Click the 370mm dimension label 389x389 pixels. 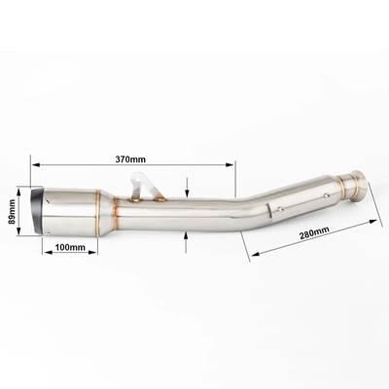(x=130, y=159)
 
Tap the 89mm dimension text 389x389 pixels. (x=12, y=211)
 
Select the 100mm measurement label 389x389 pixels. (x=70, y=247)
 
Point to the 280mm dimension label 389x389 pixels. (x=314, y=232)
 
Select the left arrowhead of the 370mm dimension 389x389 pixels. (x=36, y=164)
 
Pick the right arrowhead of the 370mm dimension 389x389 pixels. (x=230, y=164)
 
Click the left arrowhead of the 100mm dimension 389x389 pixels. (x=48, y=252)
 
